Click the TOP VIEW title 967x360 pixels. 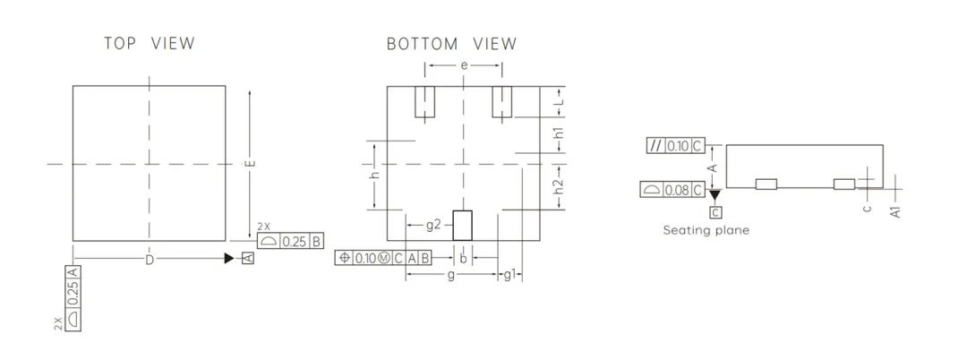click(150, 43)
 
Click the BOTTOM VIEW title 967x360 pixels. click(452, 44)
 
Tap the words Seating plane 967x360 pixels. click(706, 230)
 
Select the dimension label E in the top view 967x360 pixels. click(251, 163)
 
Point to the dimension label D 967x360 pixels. click(150, 260)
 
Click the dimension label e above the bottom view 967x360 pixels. click(464, 65)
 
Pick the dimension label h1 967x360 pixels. click(558, 133)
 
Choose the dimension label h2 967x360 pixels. click(558, 186)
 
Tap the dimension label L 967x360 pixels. click(559, 101)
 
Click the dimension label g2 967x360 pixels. click(433, 225)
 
